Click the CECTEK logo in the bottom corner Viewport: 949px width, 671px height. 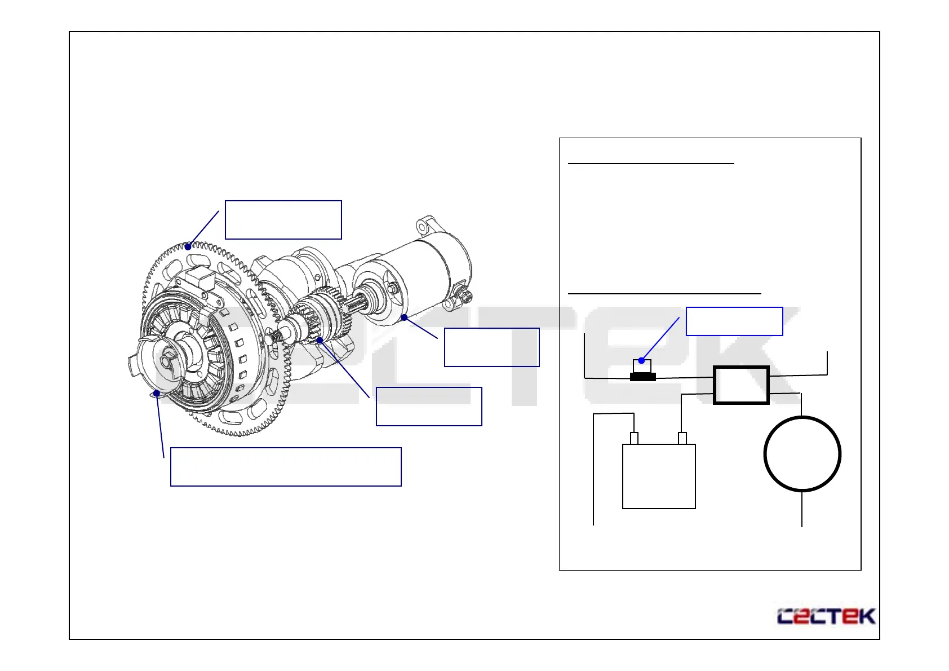click(x=826, y=616)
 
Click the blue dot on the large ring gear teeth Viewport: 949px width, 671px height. click(x=188, y=246)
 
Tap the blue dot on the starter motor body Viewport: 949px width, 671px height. click(x=404, y=317)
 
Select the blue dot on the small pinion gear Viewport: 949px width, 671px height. click(x=320, y=340)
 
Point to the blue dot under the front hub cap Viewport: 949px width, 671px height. click(x=157, y=393)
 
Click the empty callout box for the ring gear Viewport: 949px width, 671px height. click(x=283, y=220)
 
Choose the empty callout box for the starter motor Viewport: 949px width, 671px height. click(x=491, y=347)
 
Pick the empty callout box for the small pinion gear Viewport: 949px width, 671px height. click(x=429, y=407)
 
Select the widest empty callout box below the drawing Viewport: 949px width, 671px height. click(x=286, y=467)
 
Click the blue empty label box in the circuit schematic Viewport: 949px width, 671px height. click(x=734, y=321)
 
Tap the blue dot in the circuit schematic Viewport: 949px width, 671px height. click(x=641, y=360)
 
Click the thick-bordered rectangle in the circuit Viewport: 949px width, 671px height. click(x=741, y=385)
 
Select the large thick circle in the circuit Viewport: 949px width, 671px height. click(x=802, y=454)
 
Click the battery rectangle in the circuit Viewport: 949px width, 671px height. click(x=659, y=476)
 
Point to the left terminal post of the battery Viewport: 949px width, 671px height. click(x=634, y=438)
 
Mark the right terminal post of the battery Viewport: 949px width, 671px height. click(x=682, y=438)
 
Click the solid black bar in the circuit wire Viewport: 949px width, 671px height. click(x=642, y=377)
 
